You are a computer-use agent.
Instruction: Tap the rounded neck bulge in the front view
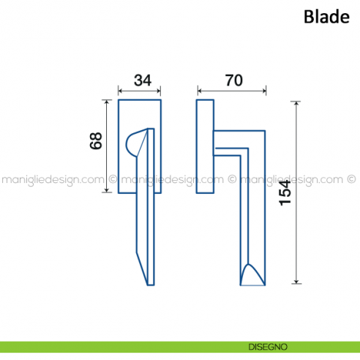click(134, 142)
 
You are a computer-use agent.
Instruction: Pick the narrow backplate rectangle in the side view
click(204, 146)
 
